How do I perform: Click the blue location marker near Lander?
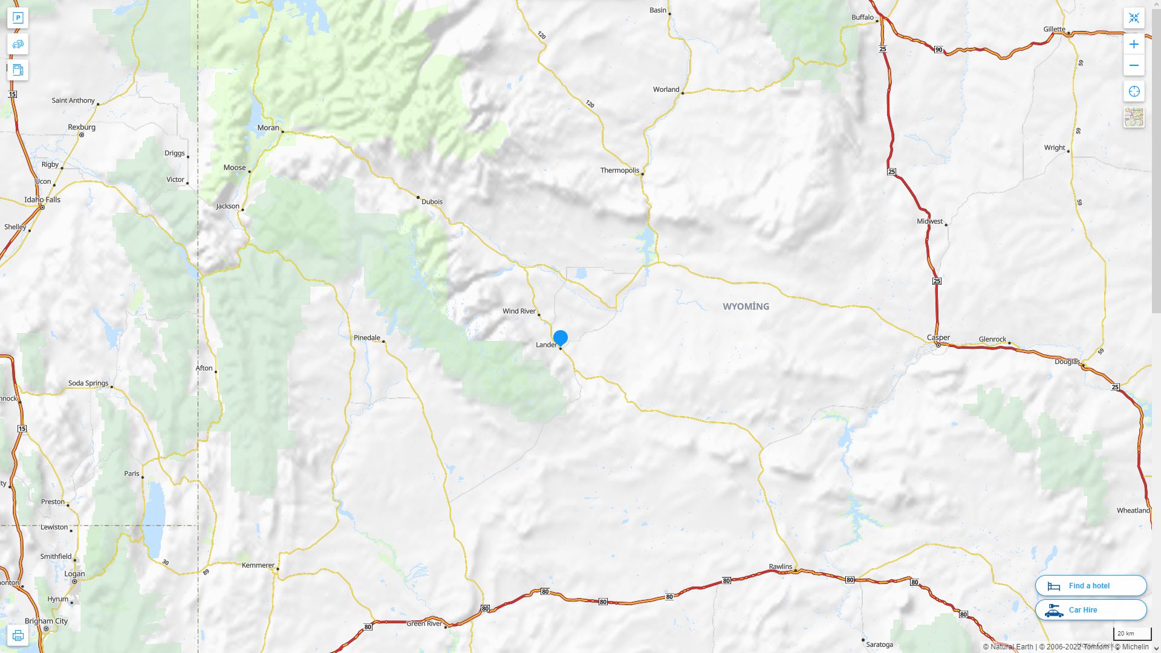coord(561,337)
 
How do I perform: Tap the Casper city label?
coord(938,337)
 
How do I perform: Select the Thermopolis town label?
coord(619,171)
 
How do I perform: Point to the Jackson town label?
coord(228,206)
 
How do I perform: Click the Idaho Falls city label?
coord(42,200)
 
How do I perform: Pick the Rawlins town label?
coord(780,567)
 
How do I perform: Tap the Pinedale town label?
coord(366,337)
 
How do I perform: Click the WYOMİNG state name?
coord(746,307)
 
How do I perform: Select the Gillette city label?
coord(1054,29)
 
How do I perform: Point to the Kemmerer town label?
coord(258,565)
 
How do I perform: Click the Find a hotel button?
coord(1091,585)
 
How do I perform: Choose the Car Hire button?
coord(1091,609)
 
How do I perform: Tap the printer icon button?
coord(18,635)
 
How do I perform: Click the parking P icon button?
coord(18,18)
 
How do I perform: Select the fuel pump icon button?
coord(18,70)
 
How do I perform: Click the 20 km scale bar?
coord(1132,634)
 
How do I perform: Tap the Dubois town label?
coord(432,202)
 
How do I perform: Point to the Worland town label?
coord(666,89)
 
